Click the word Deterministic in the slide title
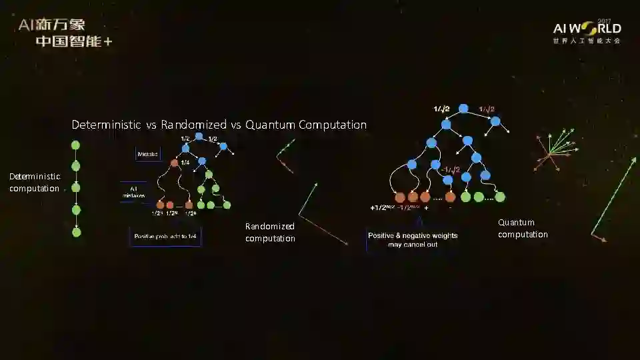pyautogui.click(x=106, y=125)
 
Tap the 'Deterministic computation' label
pyautogui.click(x=35, y=182)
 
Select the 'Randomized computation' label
pyautogui.click(x=270, y=232)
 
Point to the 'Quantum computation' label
pyautogui.click(x=523, y=228)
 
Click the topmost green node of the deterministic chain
pyautogui.click(x=75, y=145)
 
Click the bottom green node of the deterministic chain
pyautogui.click(x=76, y=232)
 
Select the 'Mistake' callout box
pyautogui.click(x=147, y=154)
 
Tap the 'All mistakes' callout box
pyautogui.click(x=133, y=191)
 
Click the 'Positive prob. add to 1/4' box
pyautogui.click(x=165, y=237)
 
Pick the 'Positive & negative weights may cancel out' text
pyautogui.click(x=413, y=239)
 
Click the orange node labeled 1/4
pyautogui.click(x=175, y=162)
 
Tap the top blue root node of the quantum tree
pyautogui.click(x=464, y=109)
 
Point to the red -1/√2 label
pyautogui.click(x=450, y=169)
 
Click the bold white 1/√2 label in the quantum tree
pyautogui.click(x=441, y=109)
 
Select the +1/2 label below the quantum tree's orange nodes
pyautogui.click(x=382, y=207)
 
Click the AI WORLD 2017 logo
pyautogui.click(x=587, y=31)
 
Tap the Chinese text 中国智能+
pyautogui.click(x=73, y=41)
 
